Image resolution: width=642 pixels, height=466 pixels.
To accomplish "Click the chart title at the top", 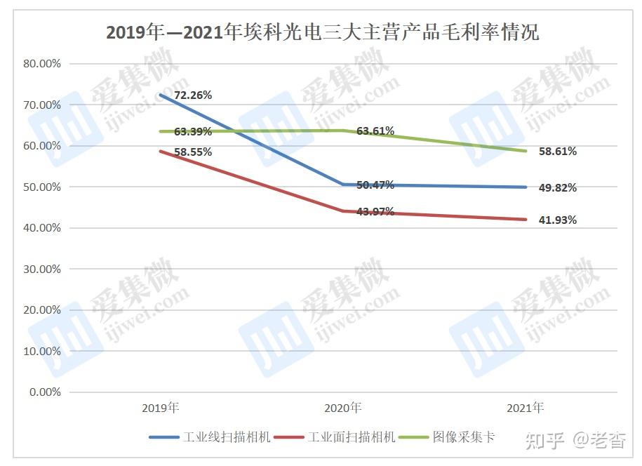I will tap(322, 32).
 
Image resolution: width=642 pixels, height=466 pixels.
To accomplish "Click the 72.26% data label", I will tap(193, 94).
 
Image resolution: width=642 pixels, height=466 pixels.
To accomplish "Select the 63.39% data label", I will tap(193, 131).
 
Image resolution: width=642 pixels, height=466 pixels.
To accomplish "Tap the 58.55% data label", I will tap(193, 152).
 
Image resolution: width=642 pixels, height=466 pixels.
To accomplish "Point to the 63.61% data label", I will tap(375, 131).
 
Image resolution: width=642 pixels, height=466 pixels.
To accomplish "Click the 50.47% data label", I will tap(375, 185).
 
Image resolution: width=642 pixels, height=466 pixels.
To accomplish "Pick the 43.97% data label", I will tap(375, 211).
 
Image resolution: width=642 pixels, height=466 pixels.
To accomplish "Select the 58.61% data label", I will tap(557, 151).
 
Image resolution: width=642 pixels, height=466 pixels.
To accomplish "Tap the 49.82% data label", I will tap(557, 187).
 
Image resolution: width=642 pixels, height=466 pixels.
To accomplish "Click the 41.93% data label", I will tap(557, 220).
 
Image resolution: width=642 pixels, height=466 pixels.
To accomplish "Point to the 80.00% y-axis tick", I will tap(42, 63).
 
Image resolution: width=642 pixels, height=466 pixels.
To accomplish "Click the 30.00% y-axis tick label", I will tap(42, 269).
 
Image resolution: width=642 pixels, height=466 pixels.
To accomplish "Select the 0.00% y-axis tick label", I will tap(45, 392).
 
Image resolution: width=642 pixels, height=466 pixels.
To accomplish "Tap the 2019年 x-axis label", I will tap(160, 408).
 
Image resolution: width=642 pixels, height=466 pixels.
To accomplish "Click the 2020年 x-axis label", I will tap(342, 408).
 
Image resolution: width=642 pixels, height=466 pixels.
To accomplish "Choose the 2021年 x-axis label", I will tap(525, 408).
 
